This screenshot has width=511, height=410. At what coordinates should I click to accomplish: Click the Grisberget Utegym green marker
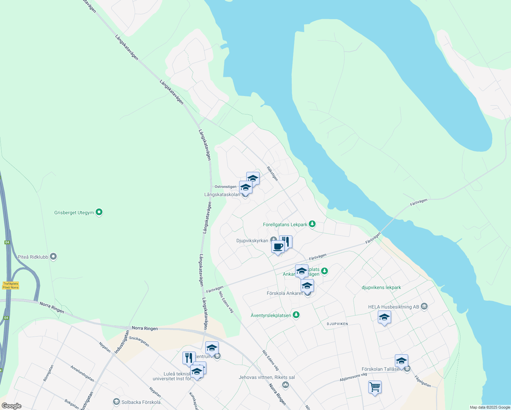(x=99, y=212)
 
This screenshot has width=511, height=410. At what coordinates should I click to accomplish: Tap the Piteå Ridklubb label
(x=33, y=257)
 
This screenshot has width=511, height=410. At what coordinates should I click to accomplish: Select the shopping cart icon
(x=375, y=387)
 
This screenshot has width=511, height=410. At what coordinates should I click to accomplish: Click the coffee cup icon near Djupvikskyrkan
(x=278, y=246)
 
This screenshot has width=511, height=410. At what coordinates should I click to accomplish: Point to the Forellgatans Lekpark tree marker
(x=312, y=224)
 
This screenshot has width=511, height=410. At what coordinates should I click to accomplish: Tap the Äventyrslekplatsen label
(x=271, y=315)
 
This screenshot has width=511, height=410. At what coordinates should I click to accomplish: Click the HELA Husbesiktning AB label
(x=393, y=307)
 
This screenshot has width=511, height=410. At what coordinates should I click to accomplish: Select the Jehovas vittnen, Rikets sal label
(x=267, y=377)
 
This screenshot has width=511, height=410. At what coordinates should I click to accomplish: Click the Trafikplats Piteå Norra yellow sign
(x=11, y=285)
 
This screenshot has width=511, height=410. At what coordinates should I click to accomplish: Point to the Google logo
(x=11, y=406)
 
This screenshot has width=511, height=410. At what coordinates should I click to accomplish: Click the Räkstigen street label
(x=272, y=174)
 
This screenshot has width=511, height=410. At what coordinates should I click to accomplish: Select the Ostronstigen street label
(x=225, y=187)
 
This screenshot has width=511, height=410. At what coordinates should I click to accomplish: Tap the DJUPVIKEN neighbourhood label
(x=337, y=324)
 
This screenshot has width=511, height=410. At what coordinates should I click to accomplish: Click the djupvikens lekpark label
(x=381, y=287)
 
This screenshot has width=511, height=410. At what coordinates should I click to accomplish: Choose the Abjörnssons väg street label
(x=353, y=377)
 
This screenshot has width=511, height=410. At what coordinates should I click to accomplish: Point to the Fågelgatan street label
(x=423, y=381)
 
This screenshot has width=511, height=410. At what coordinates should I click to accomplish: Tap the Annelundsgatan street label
(x=82, y=373)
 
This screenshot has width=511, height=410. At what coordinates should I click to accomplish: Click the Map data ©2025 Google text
(x=490, y=407)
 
